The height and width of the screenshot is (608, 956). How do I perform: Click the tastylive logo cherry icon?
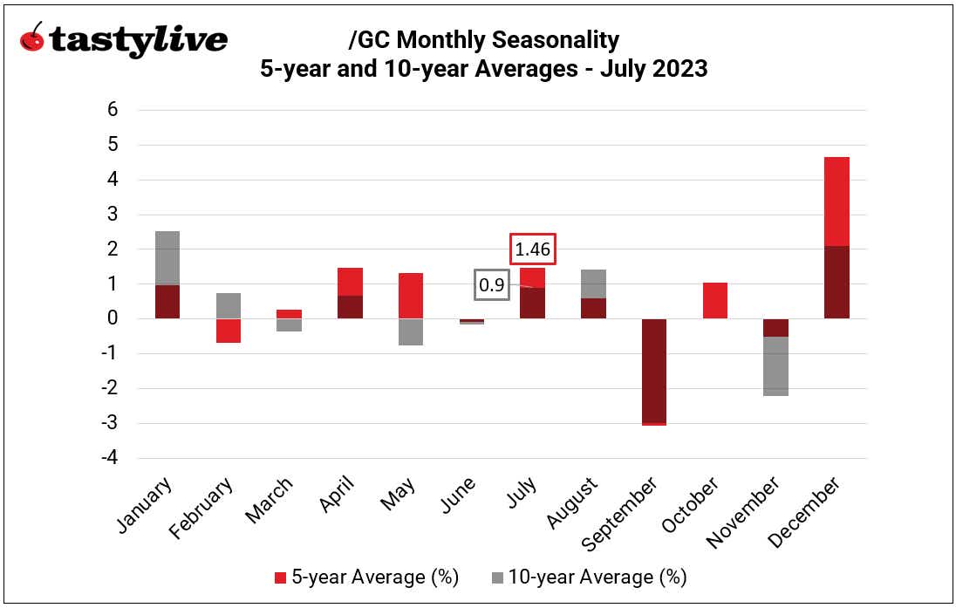tap(32, 38)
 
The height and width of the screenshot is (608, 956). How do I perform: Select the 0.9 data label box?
tap(492, 284)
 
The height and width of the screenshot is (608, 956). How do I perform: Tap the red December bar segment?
tap(836, 202)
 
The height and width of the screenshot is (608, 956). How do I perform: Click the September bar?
tap(653, 371)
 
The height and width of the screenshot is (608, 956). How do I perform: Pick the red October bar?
tap(714, 301)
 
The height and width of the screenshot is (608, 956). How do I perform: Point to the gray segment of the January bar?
tap(167, 258)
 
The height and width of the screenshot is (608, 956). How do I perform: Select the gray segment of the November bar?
tap(775, 366)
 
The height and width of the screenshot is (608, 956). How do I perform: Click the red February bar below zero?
tap(229, 331)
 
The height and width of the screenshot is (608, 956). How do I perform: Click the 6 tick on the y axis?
tap(113, 110)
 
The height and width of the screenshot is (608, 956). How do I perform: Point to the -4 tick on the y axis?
tap(108, 458)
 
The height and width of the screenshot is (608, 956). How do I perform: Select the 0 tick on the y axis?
tap(113, 319)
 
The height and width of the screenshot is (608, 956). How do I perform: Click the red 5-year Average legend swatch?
tap(280, 577)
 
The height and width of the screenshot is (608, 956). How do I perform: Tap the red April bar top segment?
tap(350, 282)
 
